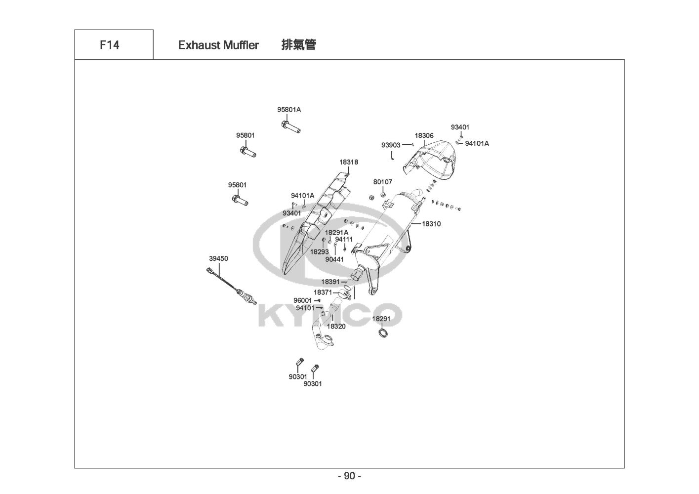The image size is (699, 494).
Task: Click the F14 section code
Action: [x=109, y=45]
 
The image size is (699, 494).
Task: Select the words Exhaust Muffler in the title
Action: [x=218, y=45]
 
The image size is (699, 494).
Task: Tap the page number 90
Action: [x=349, y=476]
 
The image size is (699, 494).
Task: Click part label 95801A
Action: [x=289, y=110]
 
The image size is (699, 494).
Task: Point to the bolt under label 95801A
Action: [x=290, y=126]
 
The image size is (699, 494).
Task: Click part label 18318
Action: [x=349, y=162]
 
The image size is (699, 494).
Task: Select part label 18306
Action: [x=424, y=135]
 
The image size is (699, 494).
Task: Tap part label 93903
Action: [x=391, y=145]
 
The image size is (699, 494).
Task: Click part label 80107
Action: [x=382, y=182]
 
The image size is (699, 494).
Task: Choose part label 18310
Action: [x=431, y=224]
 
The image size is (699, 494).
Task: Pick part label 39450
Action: [x=218, y=258]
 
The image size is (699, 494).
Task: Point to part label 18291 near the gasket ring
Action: [x=381, y=319]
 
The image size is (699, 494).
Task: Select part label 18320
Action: [x=336, y=326]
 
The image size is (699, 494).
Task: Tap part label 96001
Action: [x=302, y=300]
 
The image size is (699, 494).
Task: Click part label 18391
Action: [x=330, y=282]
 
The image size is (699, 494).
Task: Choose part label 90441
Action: [x=334, y=258]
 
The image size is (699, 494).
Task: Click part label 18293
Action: [x=319, y=251]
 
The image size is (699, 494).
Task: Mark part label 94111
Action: [x=344, y=239]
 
